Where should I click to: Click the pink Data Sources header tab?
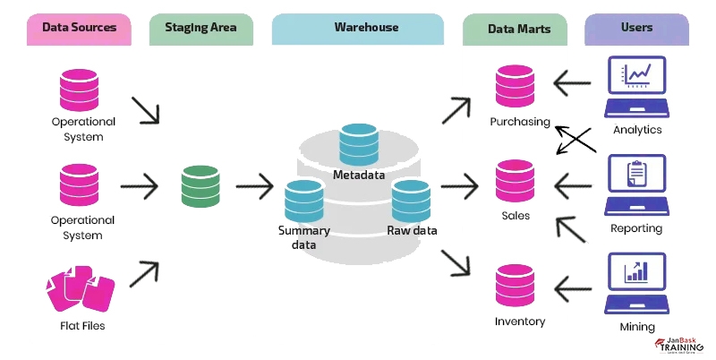(79, 29)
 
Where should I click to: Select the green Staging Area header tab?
(200, 29)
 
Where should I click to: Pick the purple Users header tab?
(636, 29)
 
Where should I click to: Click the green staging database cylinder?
(200, 185)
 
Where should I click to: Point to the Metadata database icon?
(359, 142)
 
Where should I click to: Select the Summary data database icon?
(304, 201)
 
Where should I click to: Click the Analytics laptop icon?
(636, 88)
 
